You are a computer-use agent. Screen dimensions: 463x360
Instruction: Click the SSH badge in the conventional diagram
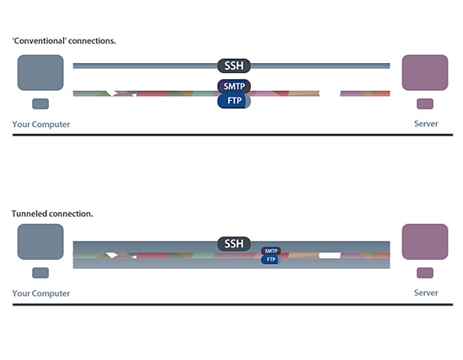pos(234,66)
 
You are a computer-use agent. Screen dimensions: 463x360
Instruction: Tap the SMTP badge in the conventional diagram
pos(234,86)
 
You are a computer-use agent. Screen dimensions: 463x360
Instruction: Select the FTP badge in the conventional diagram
pos(234,101)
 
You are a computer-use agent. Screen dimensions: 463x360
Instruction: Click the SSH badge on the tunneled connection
pos(234,244)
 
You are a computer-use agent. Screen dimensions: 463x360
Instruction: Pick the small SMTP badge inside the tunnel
pos(271,251)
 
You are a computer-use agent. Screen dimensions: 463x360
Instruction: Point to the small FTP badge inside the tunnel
pos(271,259)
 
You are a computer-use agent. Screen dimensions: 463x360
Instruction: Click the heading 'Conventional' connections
pos(64,40)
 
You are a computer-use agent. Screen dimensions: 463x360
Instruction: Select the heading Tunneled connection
pos(52,214)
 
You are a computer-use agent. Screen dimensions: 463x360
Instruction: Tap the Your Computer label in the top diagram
pos(41,124)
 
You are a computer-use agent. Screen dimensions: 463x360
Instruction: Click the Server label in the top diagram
pos(426,124)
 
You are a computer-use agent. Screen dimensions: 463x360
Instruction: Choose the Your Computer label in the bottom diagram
pos(41,294)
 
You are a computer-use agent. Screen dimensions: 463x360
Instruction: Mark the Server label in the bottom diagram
pos(426,293)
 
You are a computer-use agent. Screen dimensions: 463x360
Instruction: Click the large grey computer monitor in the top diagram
pos(40,72)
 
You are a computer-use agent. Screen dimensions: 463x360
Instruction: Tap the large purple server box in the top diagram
pos(425,72)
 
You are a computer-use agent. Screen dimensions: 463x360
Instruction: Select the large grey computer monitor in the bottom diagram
pos(40,241)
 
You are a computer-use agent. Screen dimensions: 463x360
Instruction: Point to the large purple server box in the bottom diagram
pos(425,241)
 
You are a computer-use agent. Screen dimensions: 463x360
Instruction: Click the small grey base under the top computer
pos(40,103)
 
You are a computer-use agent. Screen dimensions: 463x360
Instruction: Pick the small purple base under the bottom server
pos(425,273)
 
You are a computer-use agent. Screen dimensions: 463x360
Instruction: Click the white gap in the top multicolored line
pos(330,93)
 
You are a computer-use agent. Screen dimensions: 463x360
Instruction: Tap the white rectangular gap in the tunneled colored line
pos(330,255)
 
